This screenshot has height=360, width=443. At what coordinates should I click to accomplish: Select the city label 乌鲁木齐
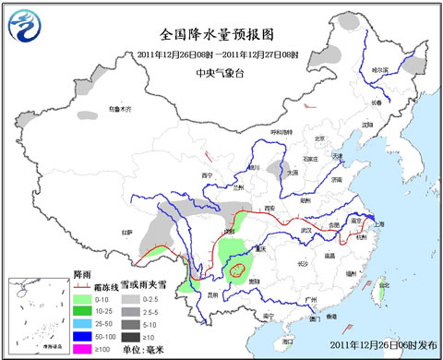(120, 109)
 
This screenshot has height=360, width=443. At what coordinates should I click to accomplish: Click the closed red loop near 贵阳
(238, 270)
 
